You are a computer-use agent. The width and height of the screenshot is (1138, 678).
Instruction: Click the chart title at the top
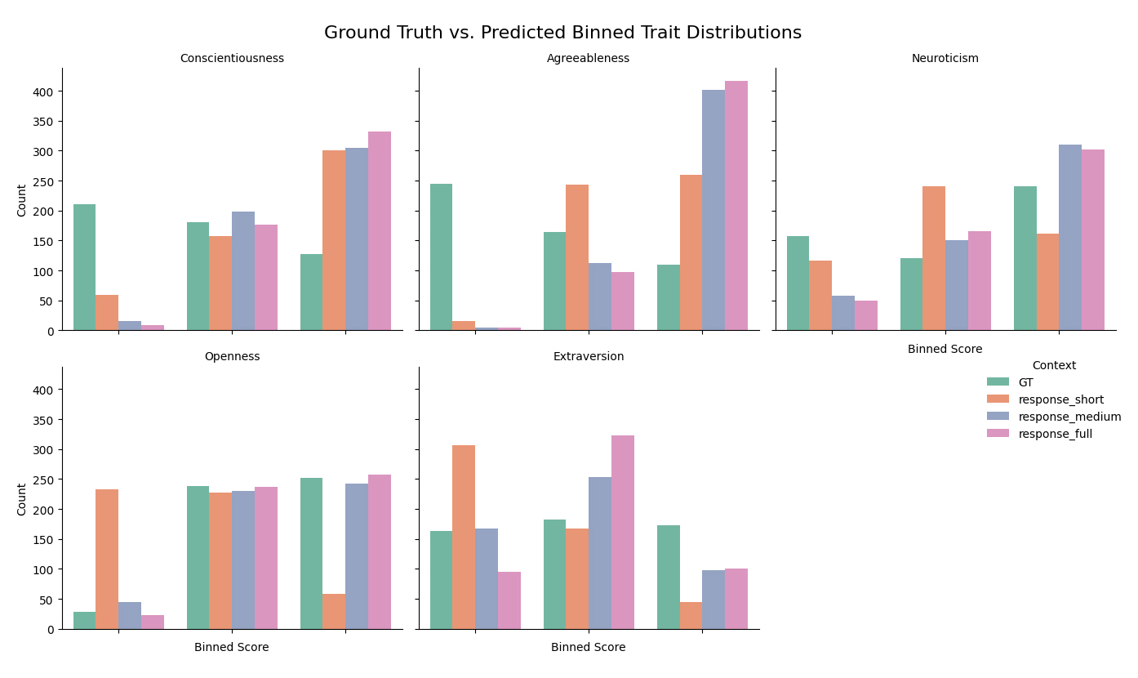pos(562,33)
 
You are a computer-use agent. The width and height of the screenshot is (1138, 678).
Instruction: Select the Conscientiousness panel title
pos(232,59)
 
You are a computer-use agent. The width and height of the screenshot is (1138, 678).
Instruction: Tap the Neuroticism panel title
pos(945,59)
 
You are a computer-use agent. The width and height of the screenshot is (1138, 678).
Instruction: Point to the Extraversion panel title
pos(588,357)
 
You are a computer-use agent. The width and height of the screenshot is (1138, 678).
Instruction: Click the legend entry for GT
pos(1025,382)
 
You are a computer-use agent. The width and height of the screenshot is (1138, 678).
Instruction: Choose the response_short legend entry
pos(1060,399)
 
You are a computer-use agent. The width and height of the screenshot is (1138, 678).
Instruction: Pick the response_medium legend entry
pos(1069,417)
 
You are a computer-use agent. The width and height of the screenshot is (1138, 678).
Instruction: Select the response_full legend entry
pos(1055,434)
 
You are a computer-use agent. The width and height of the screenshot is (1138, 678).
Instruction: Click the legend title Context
pos(1053,366)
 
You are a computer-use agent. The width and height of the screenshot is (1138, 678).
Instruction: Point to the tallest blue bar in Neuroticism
pos(1069,238)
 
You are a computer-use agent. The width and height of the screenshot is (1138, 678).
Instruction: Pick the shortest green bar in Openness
pos(84,620)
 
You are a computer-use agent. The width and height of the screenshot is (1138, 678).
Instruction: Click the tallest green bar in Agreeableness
pos(441,257)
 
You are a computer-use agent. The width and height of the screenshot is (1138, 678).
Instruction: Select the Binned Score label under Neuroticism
pos(945,350)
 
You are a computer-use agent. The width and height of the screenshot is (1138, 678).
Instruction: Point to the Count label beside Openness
pos(22,498)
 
